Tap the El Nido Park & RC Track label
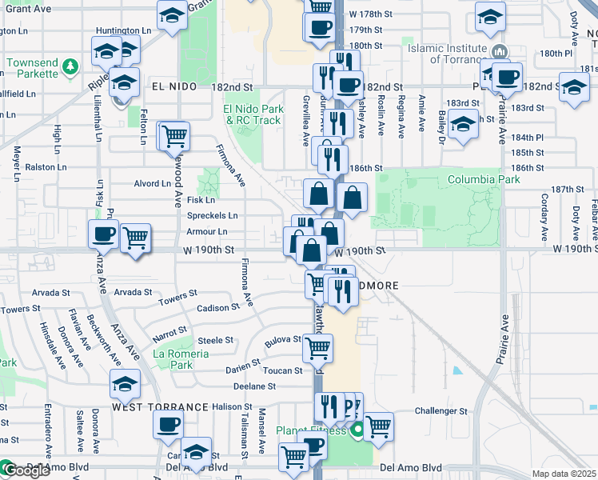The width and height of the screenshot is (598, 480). [x=253, y=114]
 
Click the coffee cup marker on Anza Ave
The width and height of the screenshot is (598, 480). [x=103, y=234]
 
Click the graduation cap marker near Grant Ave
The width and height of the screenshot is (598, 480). [x=172, y=15]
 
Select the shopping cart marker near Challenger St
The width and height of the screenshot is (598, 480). [x=377, y=426]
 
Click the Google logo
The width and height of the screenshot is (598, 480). [x=26, y=470]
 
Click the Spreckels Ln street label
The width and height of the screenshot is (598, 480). [x=211, y=216]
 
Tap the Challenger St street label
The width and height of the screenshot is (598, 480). [x=441, y=411]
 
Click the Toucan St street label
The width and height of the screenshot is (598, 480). [x=283, y=370]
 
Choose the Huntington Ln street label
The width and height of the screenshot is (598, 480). [x=123, y=30]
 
